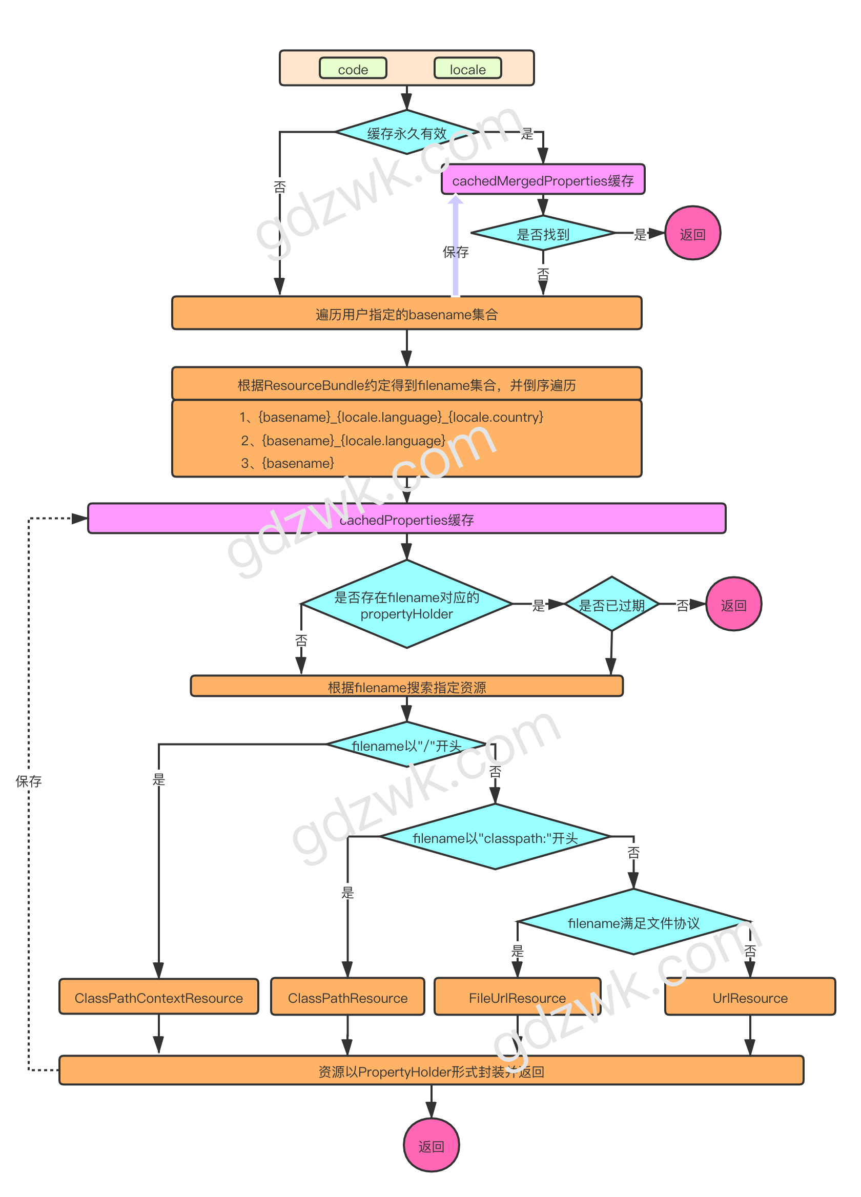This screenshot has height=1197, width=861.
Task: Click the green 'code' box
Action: (x=353, y=69)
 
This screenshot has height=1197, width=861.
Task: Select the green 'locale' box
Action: (x=467, y=69)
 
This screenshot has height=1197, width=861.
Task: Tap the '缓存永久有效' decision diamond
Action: (x=406, y=133)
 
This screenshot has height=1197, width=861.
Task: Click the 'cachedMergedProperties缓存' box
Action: (x=543, y=180)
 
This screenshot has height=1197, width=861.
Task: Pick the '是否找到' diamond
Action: (x=543, y=233)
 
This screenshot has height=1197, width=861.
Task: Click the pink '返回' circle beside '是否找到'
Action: (x=692, y=233)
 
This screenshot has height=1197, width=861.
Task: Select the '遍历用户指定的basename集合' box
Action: (x=406, y=314)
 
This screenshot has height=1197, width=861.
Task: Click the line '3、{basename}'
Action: (x=288, y=463)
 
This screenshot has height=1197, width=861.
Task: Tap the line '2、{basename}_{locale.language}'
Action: (x=343, y=440)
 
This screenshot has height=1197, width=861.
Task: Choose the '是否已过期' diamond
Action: (x=611, y=604)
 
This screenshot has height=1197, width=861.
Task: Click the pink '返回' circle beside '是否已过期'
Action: (x=733, y=604)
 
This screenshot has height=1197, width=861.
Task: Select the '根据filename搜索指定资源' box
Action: (x=406, y=687)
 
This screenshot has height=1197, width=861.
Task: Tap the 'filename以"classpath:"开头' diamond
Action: (x=495, y=838)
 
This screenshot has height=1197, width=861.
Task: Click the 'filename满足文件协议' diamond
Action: (x=633, y=922)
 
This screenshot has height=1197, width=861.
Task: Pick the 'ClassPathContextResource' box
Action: (x=158, y=998)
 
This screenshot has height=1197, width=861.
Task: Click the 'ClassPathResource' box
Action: (x=347, y=998)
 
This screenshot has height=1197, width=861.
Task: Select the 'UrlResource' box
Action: (x=750, y=998)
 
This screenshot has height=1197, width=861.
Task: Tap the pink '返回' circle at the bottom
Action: (x=431, y=1146)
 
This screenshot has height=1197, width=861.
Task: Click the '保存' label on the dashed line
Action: (x=29, y=780)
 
